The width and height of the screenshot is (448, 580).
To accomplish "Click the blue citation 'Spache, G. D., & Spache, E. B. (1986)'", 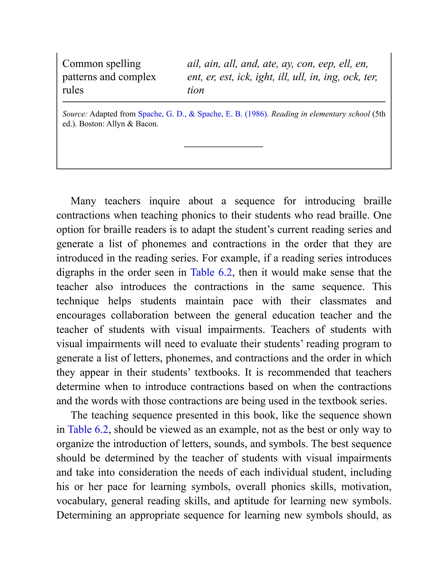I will [x=202, y=114].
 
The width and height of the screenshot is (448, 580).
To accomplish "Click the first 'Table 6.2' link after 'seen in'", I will [x=211, y=272].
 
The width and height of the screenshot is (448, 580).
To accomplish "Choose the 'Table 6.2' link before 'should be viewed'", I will [x=88, y=429].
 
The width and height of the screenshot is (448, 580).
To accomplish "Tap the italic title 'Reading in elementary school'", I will [x=320, y=114].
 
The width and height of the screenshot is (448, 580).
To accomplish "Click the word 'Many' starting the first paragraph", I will [x=83, y=201].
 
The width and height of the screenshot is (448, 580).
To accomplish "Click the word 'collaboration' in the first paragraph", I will [x=140, y=315].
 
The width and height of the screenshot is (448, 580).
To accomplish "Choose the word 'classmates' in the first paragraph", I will [x=343, y=301].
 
